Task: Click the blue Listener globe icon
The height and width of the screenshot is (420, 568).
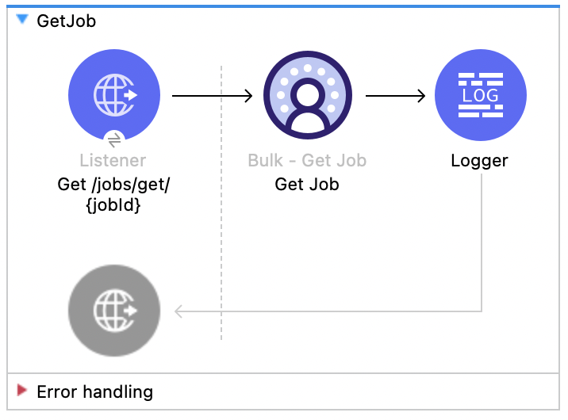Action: [114, 96]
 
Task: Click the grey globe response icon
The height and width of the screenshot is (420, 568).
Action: [114, 310]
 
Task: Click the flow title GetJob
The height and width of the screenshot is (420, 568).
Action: [66, 21]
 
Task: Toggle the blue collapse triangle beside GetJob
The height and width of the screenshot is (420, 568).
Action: [22, 21]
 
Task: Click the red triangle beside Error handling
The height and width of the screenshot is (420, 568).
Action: [22, 391]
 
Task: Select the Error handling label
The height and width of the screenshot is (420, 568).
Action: [94, 391]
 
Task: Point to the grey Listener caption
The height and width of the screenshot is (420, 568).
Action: [113, 161]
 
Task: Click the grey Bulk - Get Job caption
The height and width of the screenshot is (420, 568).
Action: [307, 161]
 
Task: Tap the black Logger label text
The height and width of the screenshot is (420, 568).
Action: [479, 161]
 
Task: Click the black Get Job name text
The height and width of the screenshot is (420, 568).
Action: [307, 185]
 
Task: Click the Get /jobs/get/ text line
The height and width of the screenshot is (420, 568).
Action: [113, 185]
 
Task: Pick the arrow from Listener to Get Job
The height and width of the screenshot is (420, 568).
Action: [211, 97]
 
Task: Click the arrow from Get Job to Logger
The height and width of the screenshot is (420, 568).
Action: [395, 97]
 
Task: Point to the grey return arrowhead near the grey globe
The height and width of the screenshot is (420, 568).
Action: [179, 311]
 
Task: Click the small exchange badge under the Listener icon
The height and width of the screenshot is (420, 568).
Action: [114, 139]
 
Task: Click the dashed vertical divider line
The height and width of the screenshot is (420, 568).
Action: [221, 238]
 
